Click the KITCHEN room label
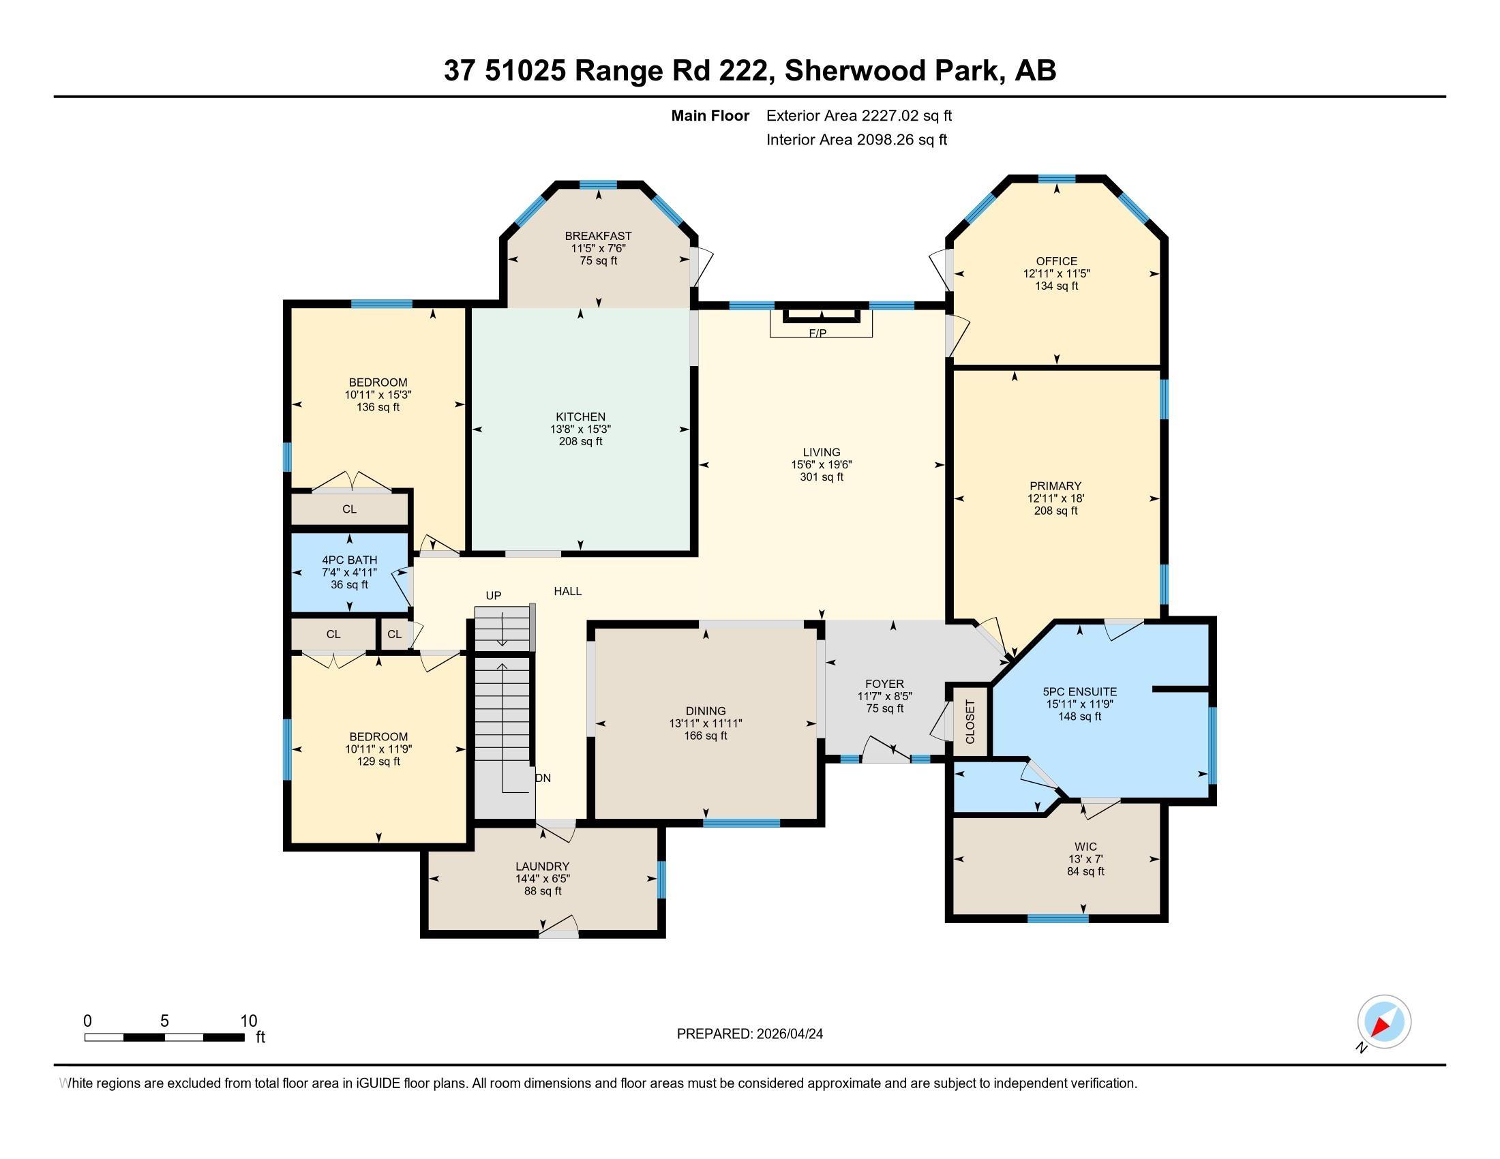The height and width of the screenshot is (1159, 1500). [x=580, y=417]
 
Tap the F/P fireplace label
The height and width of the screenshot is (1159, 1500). [x=817, y=333]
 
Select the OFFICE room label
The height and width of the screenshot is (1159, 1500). [x=1056, y=261]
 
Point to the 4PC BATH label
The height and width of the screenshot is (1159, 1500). [x=350, y=560]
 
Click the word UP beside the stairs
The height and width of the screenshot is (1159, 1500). [x=493, y=595]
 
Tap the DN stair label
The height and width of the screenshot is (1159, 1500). [x=543, y=778]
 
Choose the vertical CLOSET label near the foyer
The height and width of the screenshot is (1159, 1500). [x=970, y=721]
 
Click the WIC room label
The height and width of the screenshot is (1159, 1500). [x=1086, y=847]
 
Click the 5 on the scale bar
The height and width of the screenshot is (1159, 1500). [x=164, y=1021]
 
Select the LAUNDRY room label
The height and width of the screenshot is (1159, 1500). [x=543, y=867]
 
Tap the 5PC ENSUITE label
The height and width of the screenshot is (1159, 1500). [x=1080, y=692]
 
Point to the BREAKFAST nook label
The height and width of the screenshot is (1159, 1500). [x=598, y=236]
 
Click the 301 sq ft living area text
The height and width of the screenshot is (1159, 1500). [x=822, y=477]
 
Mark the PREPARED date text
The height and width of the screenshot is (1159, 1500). [x=750, y=1034]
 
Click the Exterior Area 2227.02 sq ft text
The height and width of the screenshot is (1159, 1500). [x=859, y=116]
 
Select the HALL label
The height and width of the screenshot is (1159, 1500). [x=568, y=591]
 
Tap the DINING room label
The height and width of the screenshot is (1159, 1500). [x=706, y=711]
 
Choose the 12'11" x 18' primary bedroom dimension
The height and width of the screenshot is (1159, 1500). [x=1055, y=498]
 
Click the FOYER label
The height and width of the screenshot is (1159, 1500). [x=884, y=684]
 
